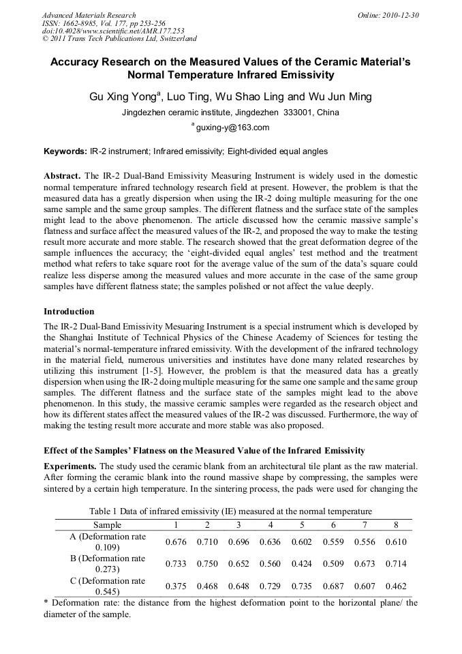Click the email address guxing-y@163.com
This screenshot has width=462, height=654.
[x=232, y=128]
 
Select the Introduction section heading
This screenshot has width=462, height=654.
[x=69, y=312]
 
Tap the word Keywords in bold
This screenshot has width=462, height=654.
[x=65, y=151]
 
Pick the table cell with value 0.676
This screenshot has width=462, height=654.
[x=176, y=541]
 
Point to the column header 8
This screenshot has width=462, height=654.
[x=396, y=525]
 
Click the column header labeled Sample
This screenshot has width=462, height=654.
[x=108, y=525]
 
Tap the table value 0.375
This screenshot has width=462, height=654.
[x=176, y=586]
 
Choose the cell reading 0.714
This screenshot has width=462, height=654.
[x=396, y=564]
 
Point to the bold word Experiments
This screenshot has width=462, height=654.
[x=70, y=466]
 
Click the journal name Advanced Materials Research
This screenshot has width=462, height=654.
[x=89, y=15]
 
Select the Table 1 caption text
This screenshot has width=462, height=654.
[x=230, y=511]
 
